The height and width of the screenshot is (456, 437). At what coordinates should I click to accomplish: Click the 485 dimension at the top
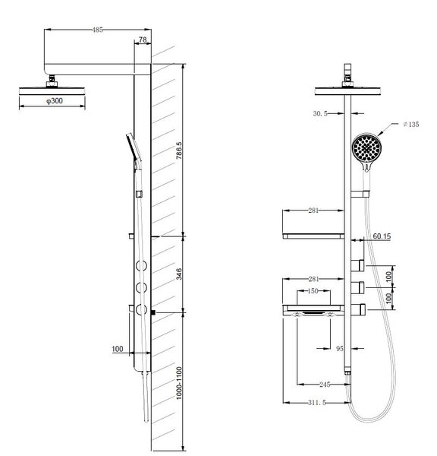[x=98, y=30]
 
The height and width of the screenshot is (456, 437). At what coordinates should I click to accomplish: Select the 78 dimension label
[x=143, y=40]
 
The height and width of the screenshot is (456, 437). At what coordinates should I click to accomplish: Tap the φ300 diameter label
[x=55, y=101]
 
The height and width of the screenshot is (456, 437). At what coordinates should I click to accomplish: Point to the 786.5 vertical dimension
[x=179, y=150]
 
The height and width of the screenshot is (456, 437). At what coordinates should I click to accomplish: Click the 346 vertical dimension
[x=179, y=274]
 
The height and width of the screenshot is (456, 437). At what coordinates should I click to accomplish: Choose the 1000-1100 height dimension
[x=179, y=383]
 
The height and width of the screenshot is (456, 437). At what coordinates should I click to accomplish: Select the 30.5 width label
[x=320, y=114]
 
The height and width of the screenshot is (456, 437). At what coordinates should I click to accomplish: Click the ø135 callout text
[x=411, y=125]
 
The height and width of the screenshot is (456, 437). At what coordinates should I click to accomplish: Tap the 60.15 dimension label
[x=382, y=236]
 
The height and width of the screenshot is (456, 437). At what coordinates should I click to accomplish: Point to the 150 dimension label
[x=313, y=291]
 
